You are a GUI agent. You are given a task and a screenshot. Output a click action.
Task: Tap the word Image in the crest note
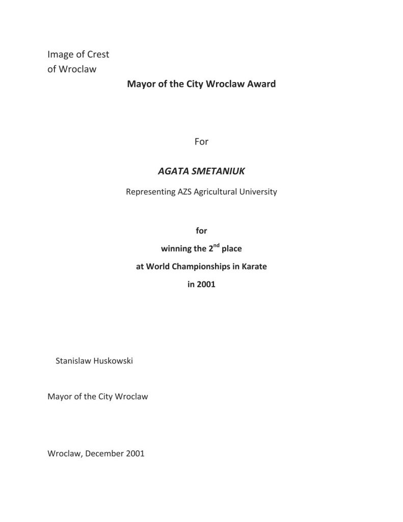[60, 55]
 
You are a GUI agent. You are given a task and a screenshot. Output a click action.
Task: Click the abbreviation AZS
[186, 192]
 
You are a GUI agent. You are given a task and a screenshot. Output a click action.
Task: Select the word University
[260, 192]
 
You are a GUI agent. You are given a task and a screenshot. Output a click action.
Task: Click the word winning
[176, 249]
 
